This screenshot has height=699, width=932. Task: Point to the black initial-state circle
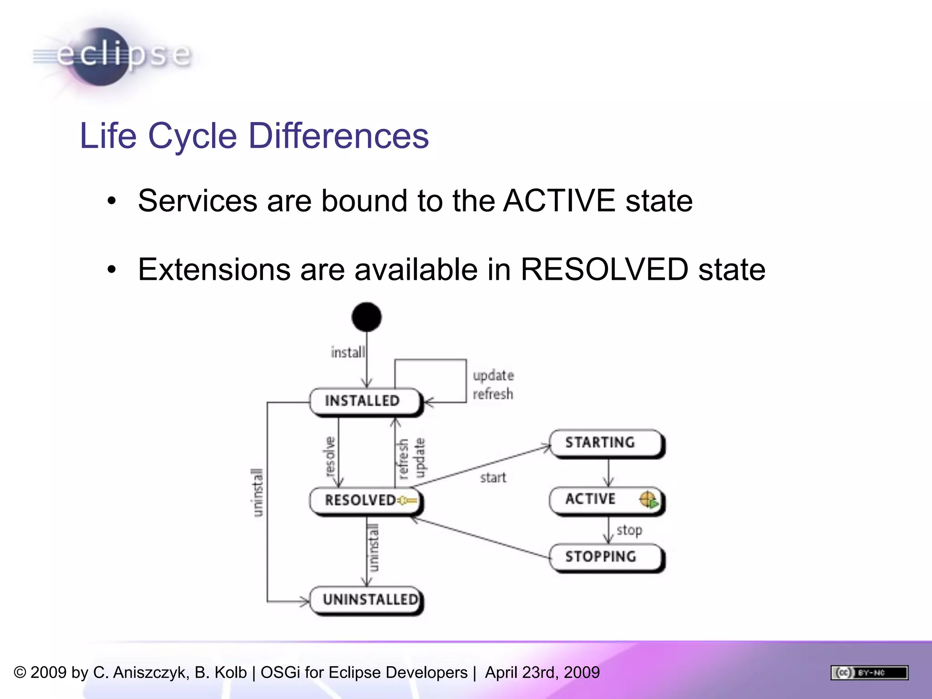[366, 317]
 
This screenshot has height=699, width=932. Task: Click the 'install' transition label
[348, 352]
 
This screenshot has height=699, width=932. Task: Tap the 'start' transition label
[493, 478]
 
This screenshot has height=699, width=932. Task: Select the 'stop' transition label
[630, 530]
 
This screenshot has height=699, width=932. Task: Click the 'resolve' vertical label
[330, 456]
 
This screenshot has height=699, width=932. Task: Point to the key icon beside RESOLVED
[408, 501]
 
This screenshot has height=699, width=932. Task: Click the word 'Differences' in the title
[339, 136]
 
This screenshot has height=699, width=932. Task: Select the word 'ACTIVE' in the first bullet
[559, 201]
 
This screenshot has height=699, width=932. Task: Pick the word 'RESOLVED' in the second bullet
[604, 269]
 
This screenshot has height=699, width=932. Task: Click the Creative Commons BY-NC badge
[869, 673]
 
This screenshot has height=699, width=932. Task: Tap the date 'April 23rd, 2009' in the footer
[542, 673]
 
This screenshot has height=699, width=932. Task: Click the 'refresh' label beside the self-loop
[493, 394]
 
